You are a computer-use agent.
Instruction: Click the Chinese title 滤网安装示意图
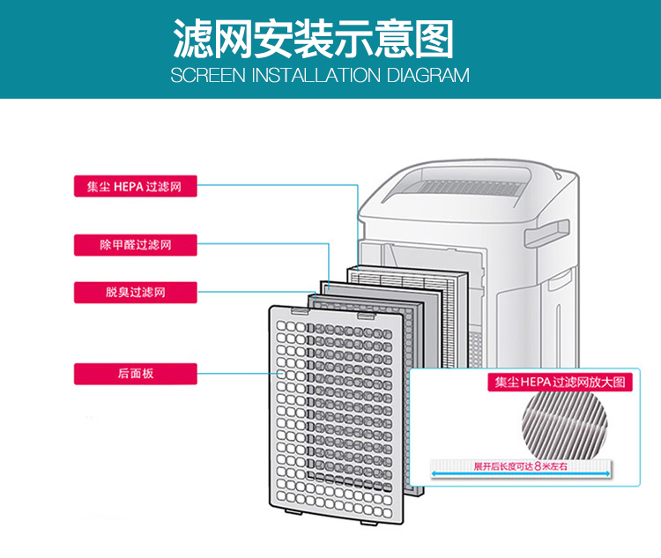(x=314, y=40)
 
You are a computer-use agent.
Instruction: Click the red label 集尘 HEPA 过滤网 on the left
(x=134, y=186)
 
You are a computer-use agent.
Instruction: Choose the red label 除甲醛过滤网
(x=134, y=244)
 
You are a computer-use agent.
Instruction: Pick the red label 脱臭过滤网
(x=134, y=291)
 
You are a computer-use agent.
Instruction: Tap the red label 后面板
(x=134, y=373)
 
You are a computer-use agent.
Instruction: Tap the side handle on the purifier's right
(x=538, y=237)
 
